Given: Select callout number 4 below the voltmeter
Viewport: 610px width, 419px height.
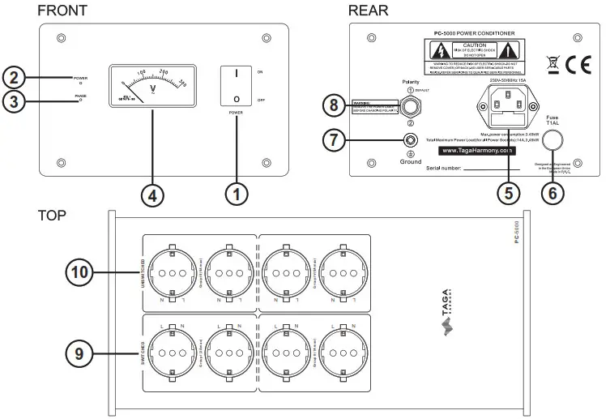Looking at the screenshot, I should [x=152, y=195].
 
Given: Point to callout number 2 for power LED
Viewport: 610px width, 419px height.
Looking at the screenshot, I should [x=14, y=78].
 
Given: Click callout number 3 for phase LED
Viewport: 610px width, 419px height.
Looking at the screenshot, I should [x=14, y=101].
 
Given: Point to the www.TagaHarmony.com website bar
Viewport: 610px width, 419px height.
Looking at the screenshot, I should [x=476, y=150].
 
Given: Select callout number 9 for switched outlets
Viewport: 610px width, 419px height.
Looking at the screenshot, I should [x=79, y=353].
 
